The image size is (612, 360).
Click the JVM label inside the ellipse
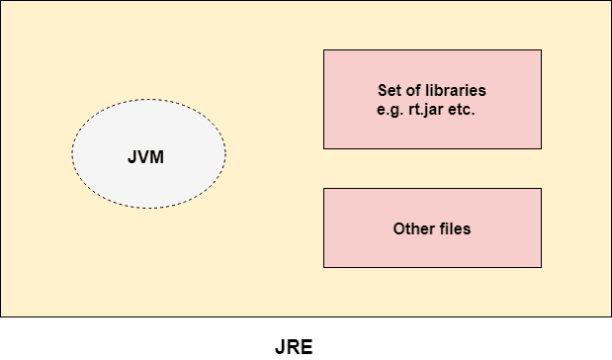coord(148,156)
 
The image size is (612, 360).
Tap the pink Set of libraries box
coord(432,129)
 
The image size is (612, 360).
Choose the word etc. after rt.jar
coord(463,110)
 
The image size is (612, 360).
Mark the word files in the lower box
coord(453,229)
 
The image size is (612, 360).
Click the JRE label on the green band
coord(294,348)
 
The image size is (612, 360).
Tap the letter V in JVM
coord(147,156)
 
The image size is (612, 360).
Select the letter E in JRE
coord(306,348)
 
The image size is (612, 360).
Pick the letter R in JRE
coord(294,348)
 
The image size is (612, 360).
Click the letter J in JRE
coord(281,348)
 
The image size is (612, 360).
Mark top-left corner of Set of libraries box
coord(324,50)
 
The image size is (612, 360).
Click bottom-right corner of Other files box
coord(541,267)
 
